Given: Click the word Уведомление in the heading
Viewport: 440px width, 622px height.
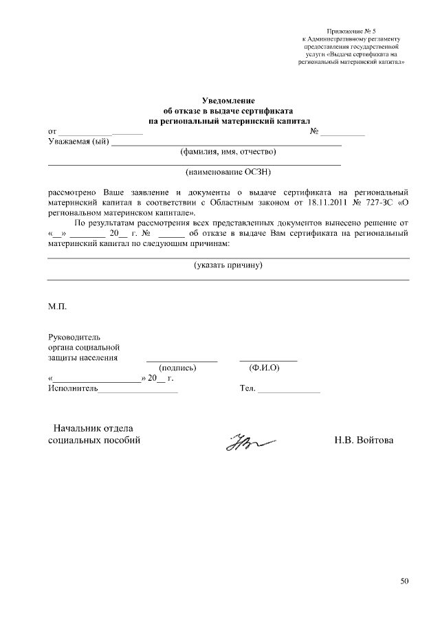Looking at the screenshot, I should click(x=228, y=100).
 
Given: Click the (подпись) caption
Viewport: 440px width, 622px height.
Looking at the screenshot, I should click(x=178, y=368).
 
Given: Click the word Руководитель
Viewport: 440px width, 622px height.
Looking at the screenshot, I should click(x=74, y=337).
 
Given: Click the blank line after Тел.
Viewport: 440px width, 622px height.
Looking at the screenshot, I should click(x=289, y=391).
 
